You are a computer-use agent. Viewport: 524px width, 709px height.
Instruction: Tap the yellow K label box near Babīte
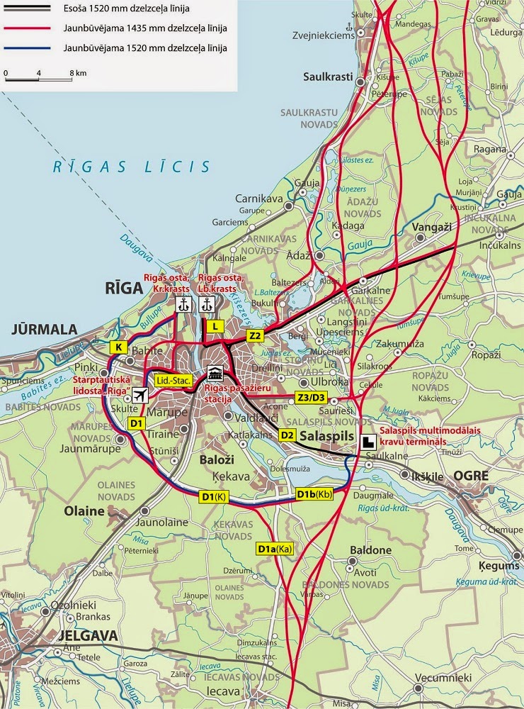pyautogui.click(x=119, y=347)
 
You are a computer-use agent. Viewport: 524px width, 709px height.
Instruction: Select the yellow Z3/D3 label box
pyautogui.click(x=312, y=398)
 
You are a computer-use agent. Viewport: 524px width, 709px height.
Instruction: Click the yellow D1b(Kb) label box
pyautogui.click(x=314, y=494)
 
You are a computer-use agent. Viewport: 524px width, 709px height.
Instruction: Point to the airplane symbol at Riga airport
pyautogui.click(x=140, y=396)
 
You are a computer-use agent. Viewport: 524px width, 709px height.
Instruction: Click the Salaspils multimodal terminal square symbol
pyautogui.click(x=368, y=440)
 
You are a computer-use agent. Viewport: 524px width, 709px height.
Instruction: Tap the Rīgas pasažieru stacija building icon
pyautogui.click(x=215, y=374)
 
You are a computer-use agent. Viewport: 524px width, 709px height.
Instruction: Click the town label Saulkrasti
pyautogui.click(x=327, y=77)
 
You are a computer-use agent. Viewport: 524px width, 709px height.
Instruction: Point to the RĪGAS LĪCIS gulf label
pyautogui.click(x=132, y=167)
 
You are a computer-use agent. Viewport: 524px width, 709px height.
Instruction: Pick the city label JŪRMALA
pyautogui.click(x=43, y=329)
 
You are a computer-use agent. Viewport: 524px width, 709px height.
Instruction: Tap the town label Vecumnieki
pyautogui.click(x=444, y=678)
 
